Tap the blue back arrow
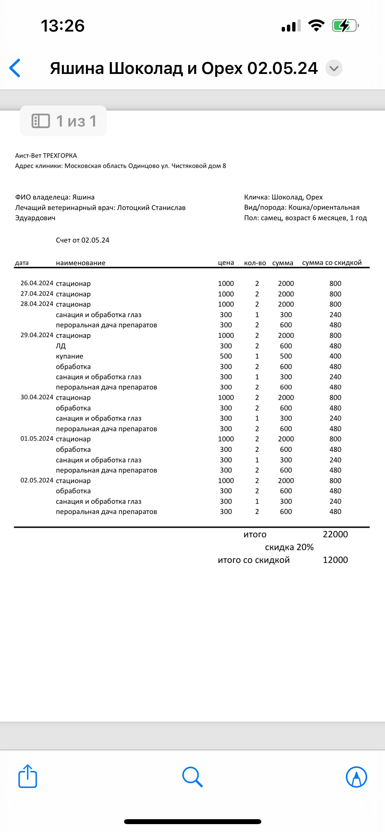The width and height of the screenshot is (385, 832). tap(15, 68)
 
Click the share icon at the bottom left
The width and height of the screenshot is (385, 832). tap(28, 776)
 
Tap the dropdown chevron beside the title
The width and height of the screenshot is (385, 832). tap(334, 68)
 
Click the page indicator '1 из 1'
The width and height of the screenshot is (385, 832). tap(64, 121)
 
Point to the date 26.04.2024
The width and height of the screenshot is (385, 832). tap(37, 283)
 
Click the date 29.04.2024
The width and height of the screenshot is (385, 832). tap(37, 335)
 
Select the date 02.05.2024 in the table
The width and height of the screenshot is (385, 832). tap(37, 480)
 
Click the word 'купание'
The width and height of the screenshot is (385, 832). tap(69, 356)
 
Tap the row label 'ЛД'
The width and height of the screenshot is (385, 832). tap(61, 346)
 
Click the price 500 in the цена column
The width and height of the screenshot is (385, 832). tap(226, 356)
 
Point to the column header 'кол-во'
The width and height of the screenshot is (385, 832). tap(255, 263)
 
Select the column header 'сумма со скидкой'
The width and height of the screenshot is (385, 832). tap(332, 263)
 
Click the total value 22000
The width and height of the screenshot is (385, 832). tap(335, 534)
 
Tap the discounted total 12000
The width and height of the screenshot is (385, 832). tap(335, 560)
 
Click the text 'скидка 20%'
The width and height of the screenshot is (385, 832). tap(289, 547)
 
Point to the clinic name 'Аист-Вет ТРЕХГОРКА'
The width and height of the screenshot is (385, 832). tap(46, 155)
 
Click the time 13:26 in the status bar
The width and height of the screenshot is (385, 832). tap(63, 26)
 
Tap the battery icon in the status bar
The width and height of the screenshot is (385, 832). tap(345, 26)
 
